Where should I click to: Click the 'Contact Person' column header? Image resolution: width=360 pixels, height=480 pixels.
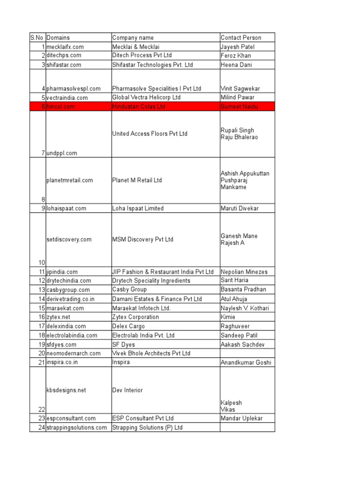[x=241, y=37]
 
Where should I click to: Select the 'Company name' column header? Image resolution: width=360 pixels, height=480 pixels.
[x=133, y=37]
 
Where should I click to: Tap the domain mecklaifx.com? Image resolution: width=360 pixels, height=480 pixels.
[x=65, y=47]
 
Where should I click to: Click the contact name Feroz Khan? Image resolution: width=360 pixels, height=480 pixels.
[x=236, y=56]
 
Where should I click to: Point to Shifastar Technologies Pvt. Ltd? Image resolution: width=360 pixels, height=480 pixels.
[x=152, y=65]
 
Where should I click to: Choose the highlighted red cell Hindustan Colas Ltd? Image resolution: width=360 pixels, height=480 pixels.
[x=139, y=106]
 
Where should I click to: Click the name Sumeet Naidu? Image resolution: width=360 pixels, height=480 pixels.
[x=239, y=107]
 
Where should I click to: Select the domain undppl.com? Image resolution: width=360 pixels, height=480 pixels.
[x=62, y=153]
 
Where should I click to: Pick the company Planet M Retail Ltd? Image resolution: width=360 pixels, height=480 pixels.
[x=137, y=180]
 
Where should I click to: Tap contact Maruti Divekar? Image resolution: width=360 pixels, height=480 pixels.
[x=240, y=208]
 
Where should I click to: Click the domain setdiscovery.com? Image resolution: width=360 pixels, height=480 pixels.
[x=69, y=240]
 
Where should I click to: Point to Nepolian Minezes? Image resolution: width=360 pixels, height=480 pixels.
[x=244, y=272]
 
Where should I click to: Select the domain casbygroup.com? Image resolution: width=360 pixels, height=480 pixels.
[x=68, y=290]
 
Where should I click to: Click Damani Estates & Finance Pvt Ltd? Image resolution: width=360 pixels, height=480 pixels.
[x=157, y=299]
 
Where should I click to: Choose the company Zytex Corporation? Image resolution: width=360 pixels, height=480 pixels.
[x=135, y=317]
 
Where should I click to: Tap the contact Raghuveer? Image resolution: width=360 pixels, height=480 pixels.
[x=236, y=326]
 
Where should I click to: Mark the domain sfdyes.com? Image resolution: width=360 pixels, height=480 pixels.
[x=61, y=345]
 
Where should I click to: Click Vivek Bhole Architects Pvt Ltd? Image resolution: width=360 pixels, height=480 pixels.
[x=151, y=353]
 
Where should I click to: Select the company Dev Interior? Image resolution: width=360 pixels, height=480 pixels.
[x=127, y=390]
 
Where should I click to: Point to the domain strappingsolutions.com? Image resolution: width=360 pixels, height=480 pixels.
[x=77, y=427]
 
